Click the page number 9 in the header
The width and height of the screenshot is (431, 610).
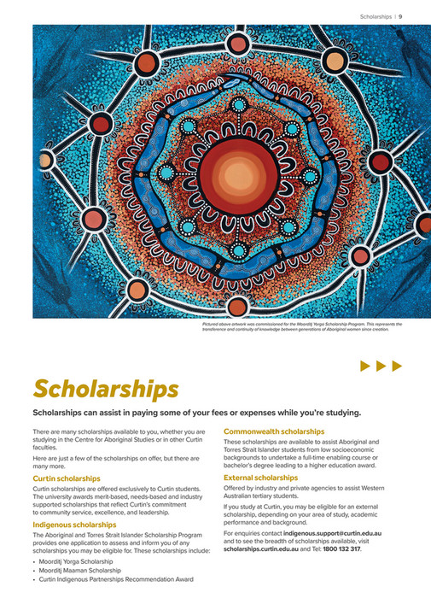point(401,15)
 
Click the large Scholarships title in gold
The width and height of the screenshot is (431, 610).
point(106,389)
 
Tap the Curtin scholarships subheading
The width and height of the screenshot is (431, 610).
point(67,478)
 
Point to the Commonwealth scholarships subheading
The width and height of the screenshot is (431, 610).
point(274,432)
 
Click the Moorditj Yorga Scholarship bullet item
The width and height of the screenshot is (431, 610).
point(80,561)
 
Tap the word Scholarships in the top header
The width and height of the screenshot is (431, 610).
point(376,15)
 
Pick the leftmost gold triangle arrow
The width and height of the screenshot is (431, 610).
point(364,366)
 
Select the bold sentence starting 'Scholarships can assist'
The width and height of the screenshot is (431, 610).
point(196,414)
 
